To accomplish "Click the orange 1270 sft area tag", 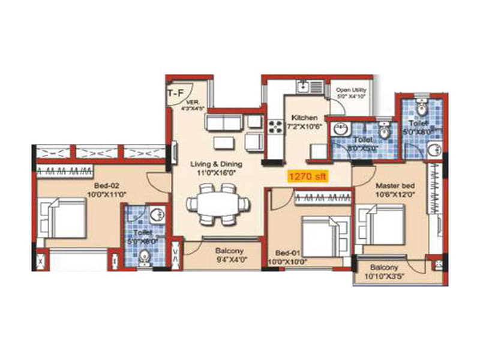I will tap(307, 177).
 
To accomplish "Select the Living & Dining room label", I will tap(199, 164).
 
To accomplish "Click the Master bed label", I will tap(392, 186).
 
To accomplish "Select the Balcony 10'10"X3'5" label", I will tap(388, 271).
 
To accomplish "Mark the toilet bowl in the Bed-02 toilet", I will tap(143, 257).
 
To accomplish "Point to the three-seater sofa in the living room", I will tap(224, 122).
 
